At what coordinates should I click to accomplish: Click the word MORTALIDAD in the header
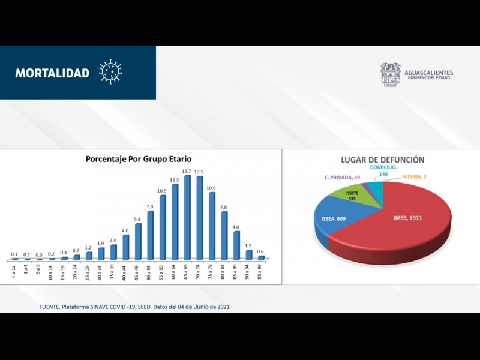tap(52, 73)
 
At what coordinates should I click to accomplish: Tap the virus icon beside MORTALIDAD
tap(110, 71)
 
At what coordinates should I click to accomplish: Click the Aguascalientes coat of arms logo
tap(390, 74)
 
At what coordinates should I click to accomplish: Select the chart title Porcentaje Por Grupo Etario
tap(139, 159)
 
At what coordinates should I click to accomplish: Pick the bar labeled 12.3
tap(175, 222)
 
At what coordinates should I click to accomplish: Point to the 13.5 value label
tap(200, 172)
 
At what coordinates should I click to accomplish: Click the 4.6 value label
tap(236, 227)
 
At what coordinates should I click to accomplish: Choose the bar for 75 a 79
tap(212, 226)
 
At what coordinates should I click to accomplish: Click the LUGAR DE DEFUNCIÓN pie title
tap(382, 160)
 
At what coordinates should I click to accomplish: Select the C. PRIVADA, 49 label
tap(343, 178)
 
